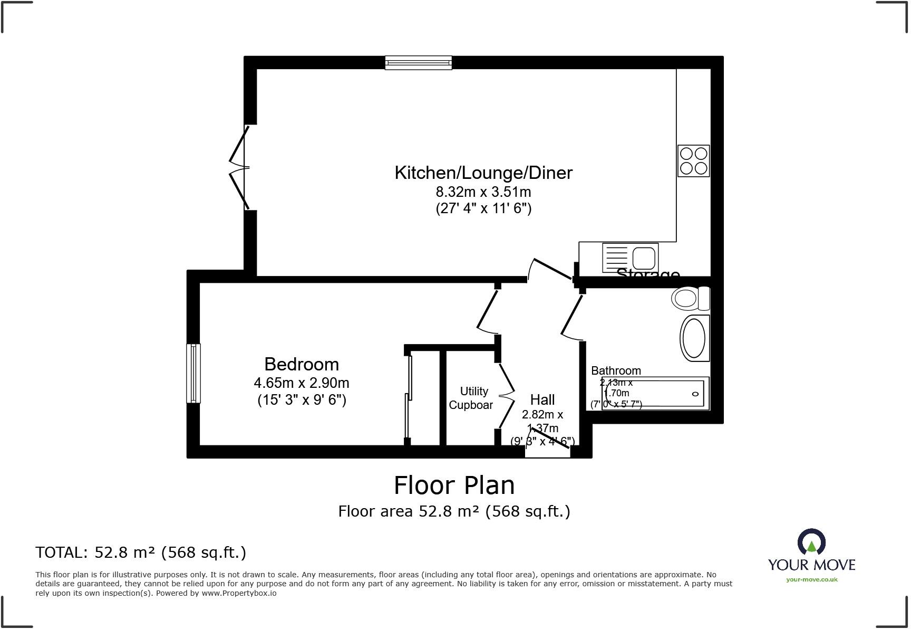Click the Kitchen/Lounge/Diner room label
(483, 173)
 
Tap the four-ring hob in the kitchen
(693, 161)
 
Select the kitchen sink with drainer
(630, 258)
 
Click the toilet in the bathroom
(690, 299)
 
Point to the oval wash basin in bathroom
(694, 338)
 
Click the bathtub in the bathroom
(655, 394)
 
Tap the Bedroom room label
(301, 364)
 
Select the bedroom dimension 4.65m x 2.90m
(301, 383)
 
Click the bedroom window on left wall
(193, 373)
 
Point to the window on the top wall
(418, 63)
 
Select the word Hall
(542, 399)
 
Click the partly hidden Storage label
(647, 273)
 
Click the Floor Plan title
(454, 485)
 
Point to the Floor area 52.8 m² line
(454, 511)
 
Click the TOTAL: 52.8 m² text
(141, 552)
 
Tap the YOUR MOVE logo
(811, 551)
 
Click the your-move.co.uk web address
(811, 579)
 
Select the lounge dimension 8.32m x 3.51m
(483, 192)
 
